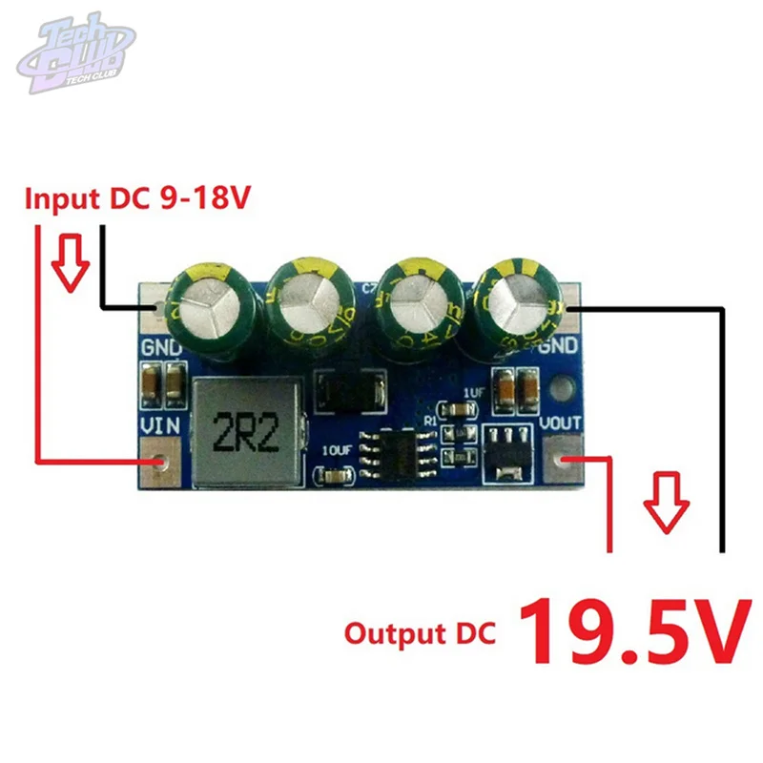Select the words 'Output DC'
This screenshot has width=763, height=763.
[420, 633]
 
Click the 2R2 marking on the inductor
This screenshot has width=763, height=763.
[246, 434]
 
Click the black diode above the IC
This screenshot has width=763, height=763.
[352, 390]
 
